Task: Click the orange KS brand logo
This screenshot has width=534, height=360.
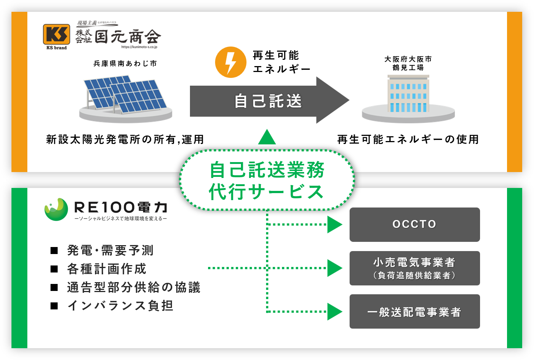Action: tap(56, 35)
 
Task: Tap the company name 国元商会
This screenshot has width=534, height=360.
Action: tap(127, 37)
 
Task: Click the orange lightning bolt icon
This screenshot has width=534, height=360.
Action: tap(231, 62)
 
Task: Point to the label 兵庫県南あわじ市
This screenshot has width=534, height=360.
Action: tap(125, 64)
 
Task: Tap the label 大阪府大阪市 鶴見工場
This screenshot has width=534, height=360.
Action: tap(408, 63)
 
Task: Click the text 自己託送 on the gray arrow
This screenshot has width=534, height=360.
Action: tap(268, 101)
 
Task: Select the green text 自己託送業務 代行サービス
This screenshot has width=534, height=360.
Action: tap(266, 181)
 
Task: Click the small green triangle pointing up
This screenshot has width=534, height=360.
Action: tap(267, 137)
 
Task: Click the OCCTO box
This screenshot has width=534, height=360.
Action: tap(415, 224)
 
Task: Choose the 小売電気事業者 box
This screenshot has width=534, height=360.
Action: tap(415, 268)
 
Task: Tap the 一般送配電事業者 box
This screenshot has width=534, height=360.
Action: tap(415, 312)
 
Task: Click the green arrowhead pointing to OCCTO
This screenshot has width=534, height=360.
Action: tap(334, 224)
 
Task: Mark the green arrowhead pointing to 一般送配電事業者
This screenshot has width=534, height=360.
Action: tap(334, 312)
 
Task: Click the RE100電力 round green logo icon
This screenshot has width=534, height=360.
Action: tap(56, 209)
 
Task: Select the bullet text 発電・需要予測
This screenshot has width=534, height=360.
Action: tap(110, 250)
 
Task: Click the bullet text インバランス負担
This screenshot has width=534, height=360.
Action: tap(120, 306)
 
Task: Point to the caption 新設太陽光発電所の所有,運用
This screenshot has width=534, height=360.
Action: tap(125, 140)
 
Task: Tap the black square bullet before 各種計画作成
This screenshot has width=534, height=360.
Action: tap(54, 269)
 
